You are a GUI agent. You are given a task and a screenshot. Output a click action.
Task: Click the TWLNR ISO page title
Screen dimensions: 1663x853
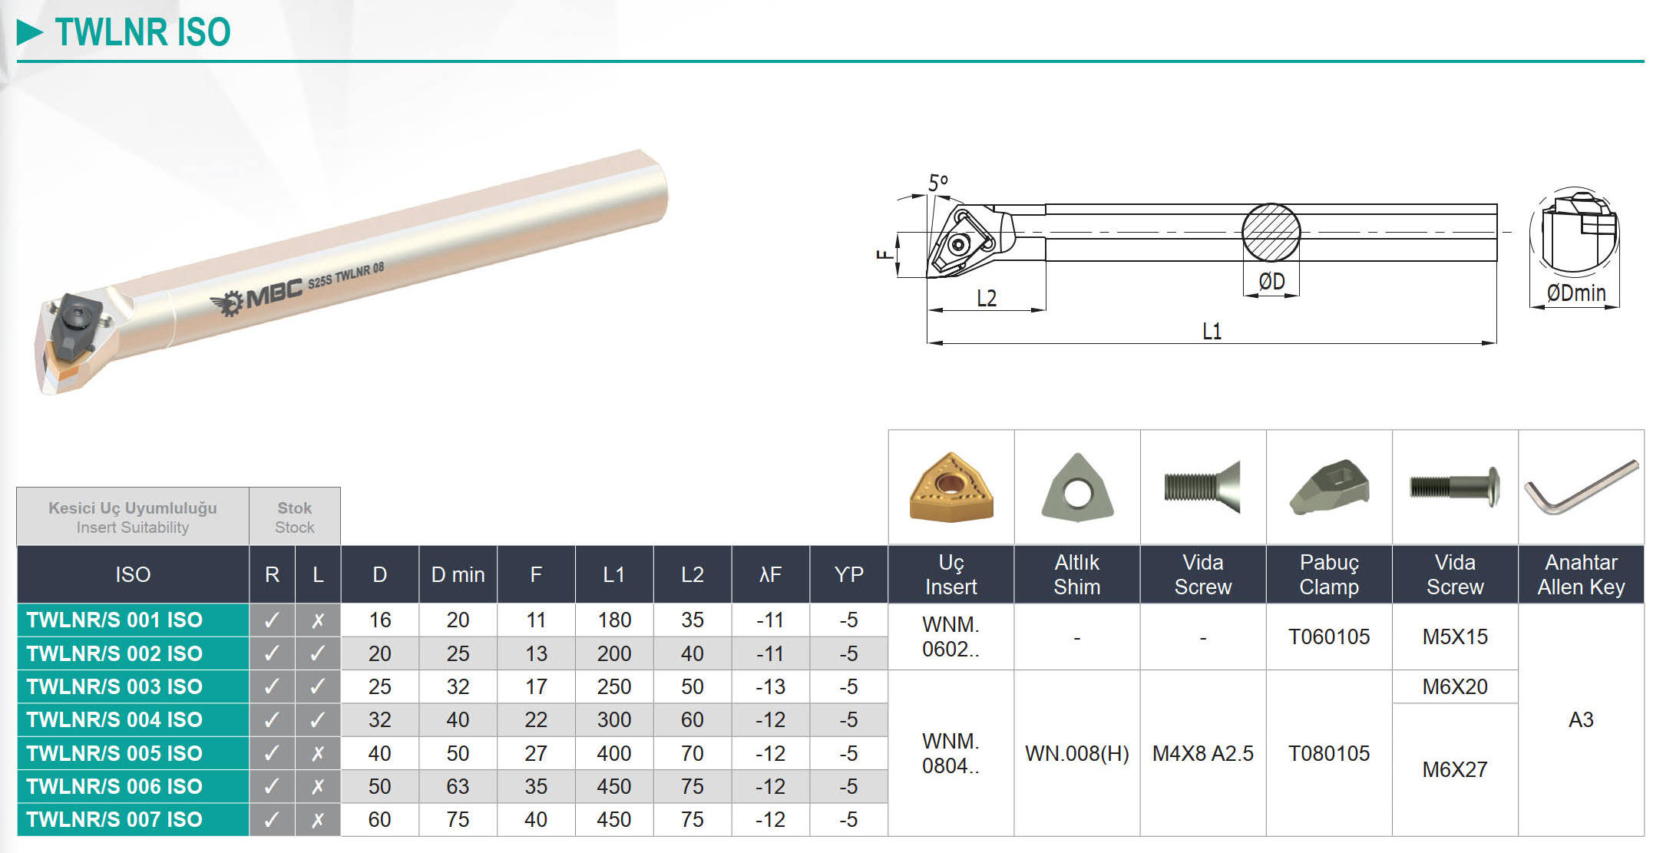[x=143, y=32]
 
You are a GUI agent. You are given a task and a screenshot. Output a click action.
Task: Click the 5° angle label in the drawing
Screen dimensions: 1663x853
[x=938, y=183]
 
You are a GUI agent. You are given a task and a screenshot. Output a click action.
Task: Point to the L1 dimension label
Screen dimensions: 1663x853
[x=1212, y=331]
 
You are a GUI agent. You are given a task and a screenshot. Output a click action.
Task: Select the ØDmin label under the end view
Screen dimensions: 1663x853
[x=1575, y=293]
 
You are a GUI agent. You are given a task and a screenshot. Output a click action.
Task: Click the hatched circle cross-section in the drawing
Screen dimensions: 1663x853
[x=1271, y=233]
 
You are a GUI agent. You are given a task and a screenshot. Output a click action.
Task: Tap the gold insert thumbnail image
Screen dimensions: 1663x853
[x=951, y=488]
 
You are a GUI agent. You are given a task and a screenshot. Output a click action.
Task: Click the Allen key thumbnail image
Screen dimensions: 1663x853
[x=1582, y=488]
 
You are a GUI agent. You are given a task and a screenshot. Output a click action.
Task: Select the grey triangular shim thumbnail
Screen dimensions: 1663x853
[x=1077, y=488]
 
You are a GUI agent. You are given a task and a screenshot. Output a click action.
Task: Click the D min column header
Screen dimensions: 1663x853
[x=458, y=574]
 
